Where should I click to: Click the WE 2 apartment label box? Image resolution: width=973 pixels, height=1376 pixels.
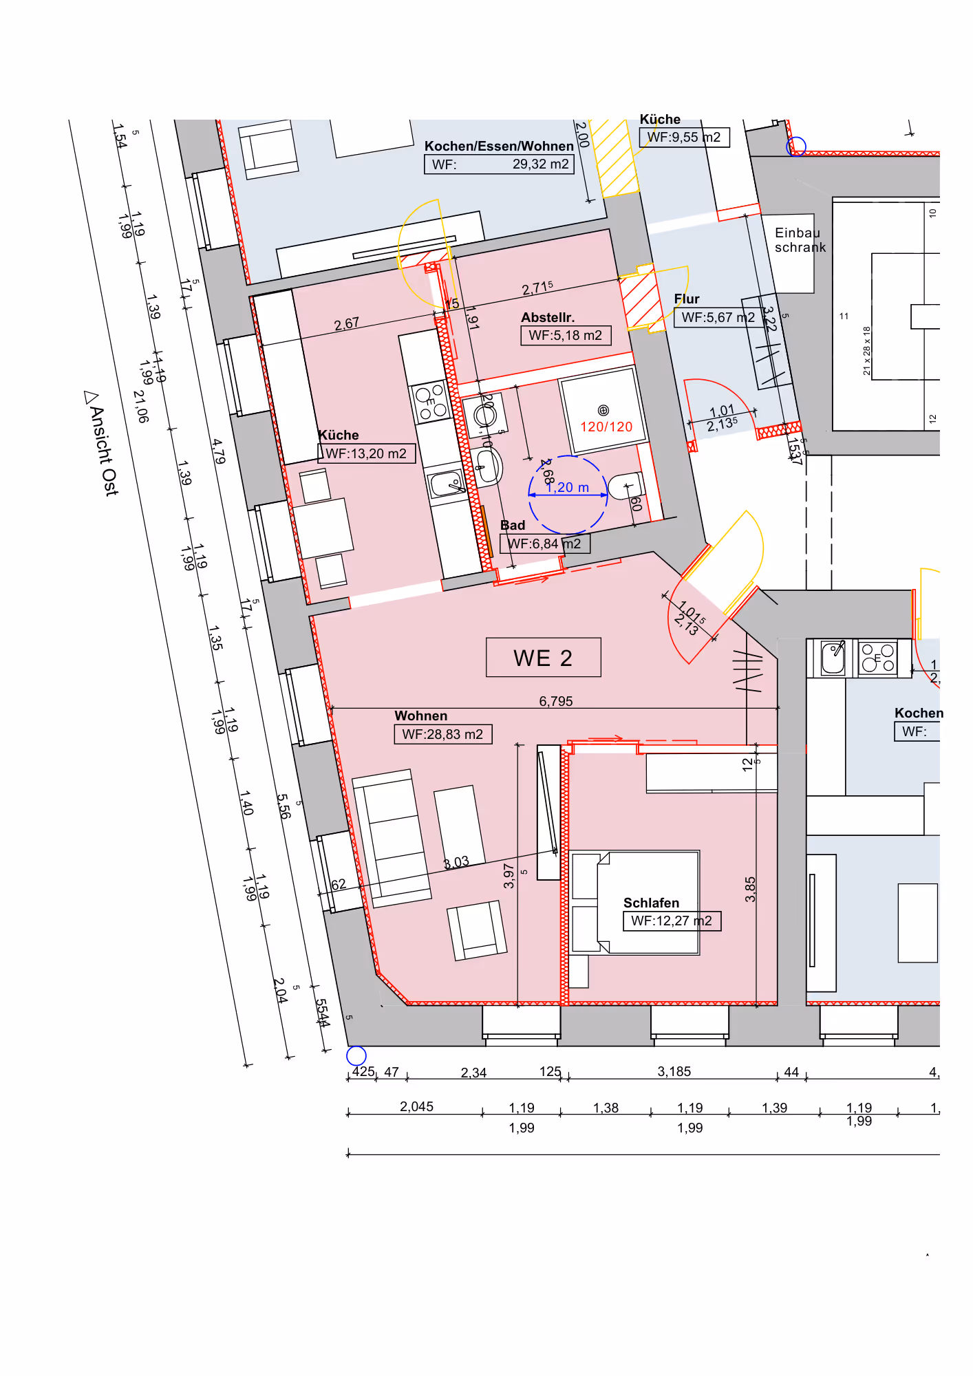tap(543, 658)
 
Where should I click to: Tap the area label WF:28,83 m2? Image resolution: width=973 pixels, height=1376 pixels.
tap(442, 734)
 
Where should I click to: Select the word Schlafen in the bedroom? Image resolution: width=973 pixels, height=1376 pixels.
tap(651, 903)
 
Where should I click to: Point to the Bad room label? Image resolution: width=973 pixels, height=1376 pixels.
tap(513, 525)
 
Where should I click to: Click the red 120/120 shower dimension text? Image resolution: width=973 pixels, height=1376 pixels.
tap(606, 427)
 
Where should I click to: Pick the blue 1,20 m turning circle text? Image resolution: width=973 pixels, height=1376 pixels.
tap(568, 487)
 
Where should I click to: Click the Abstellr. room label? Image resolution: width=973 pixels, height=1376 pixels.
tap(548, 317)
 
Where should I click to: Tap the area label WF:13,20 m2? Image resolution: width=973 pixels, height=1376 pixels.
tap(366, 453)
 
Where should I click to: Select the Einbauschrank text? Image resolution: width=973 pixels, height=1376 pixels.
tap(799, 240)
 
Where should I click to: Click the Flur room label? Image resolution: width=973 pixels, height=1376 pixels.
tap(687, 299)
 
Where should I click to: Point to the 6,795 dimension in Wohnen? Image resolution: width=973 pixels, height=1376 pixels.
tap(556, 701)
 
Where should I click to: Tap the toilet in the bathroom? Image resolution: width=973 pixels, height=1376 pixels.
tap(625, 486)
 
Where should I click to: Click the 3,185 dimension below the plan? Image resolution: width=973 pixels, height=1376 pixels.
tap(674, 1071)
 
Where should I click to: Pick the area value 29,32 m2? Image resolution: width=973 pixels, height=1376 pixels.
tap(540, 164)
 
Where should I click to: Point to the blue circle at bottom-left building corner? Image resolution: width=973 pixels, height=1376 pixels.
tap(356, 1055)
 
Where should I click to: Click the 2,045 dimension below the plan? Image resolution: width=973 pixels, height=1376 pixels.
tap(416, 1106)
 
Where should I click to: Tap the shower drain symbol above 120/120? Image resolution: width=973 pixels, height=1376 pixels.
tap(603, 411)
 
